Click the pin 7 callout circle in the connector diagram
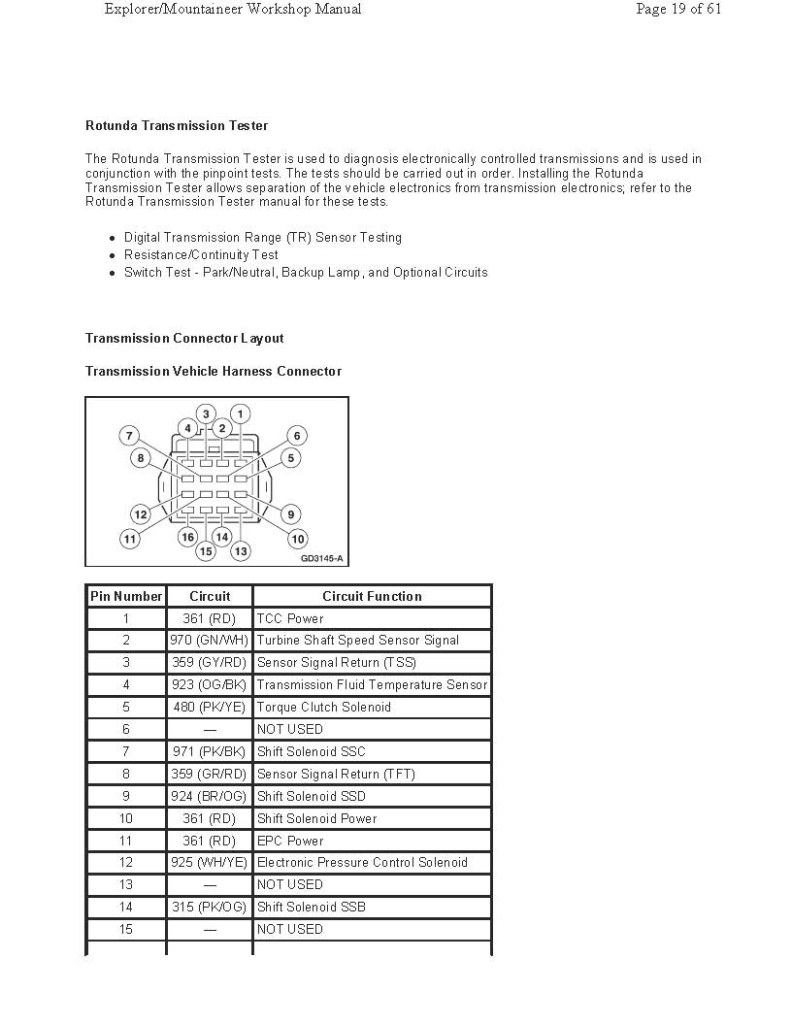pyautogui.click(x=129, y=436)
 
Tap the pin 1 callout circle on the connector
pyautogui.click(x=240, y=414)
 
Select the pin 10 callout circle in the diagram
pyautogui.click(x=297, y=539)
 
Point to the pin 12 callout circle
pyautogui.click(x=141, y=514)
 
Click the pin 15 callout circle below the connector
pyautogui.click(x=206, y=551)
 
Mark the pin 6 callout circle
pyautogui.click(x=297, y=436)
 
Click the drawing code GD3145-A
pyautogui.click(x=321, y=559)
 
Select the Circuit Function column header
pyautogui.click(x=372, y=596)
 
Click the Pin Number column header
pyautogui.click(x=126, y=596)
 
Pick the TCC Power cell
pyautogui.click(x=290, y=618)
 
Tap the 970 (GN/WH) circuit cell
pyautogui.click(x=210, y=641)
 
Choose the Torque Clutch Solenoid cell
pyautogui.click(x=324, y=707)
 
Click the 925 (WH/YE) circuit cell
pyautogui.click(x=210, y=862)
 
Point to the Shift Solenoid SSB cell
pyautogui.click(x=312, y=907)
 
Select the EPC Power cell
pyautogui.click(x=290, y=841)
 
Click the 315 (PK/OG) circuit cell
pyautogui.click(x=210, y=907)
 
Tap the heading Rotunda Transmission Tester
pyautogui.click(x=177, y=125)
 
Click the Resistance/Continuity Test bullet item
pyautogui.click(x=201, y=254)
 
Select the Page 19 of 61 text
pyautogui.click(x=678, y=9)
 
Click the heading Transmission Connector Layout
pyautogui.click(x=184, y=338)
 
